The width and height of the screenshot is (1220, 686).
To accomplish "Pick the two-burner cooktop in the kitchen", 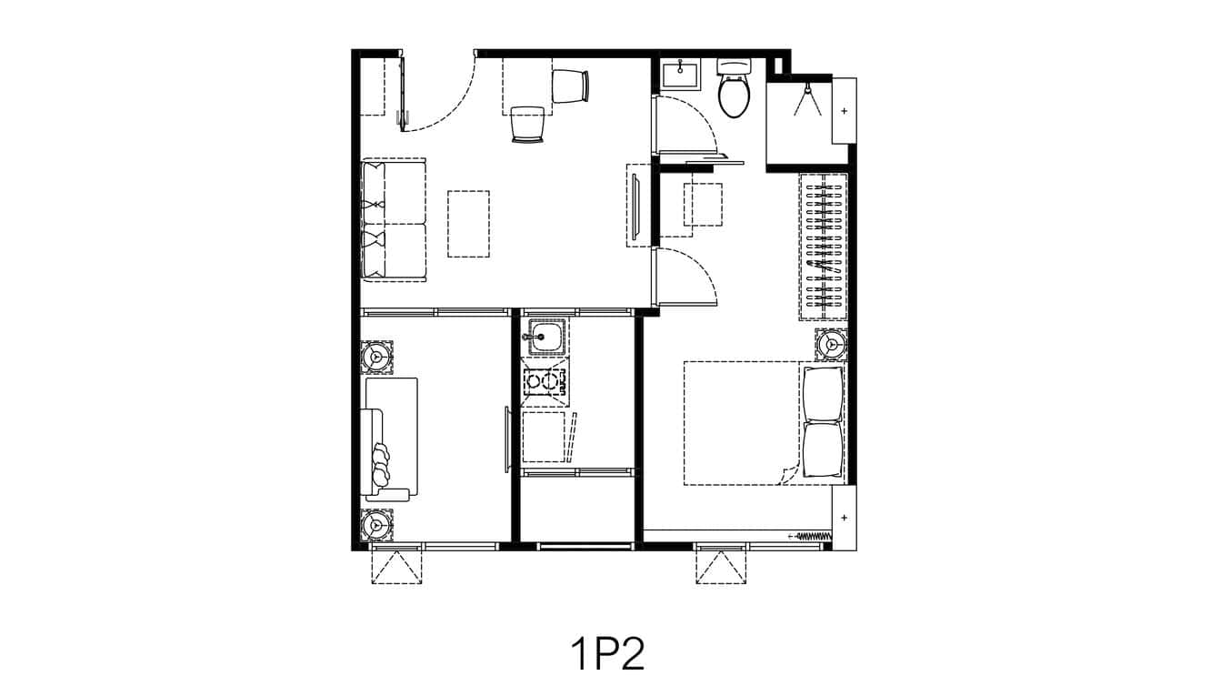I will (545, 383).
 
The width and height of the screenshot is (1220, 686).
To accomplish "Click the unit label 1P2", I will (608, 654).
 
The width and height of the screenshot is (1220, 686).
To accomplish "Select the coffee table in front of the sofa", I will (468, 223).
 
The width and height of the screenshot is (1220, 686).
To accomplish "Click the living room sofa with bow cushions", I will (393, 219).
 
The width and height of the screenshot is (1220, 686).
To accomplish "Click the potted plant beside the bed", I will (831, 345).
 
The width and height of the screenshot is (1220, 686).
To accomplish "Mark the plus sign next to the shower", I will (845, 111).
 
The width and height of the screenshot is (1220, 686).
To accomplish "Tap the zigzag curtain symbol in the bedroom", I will (815, 535).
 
